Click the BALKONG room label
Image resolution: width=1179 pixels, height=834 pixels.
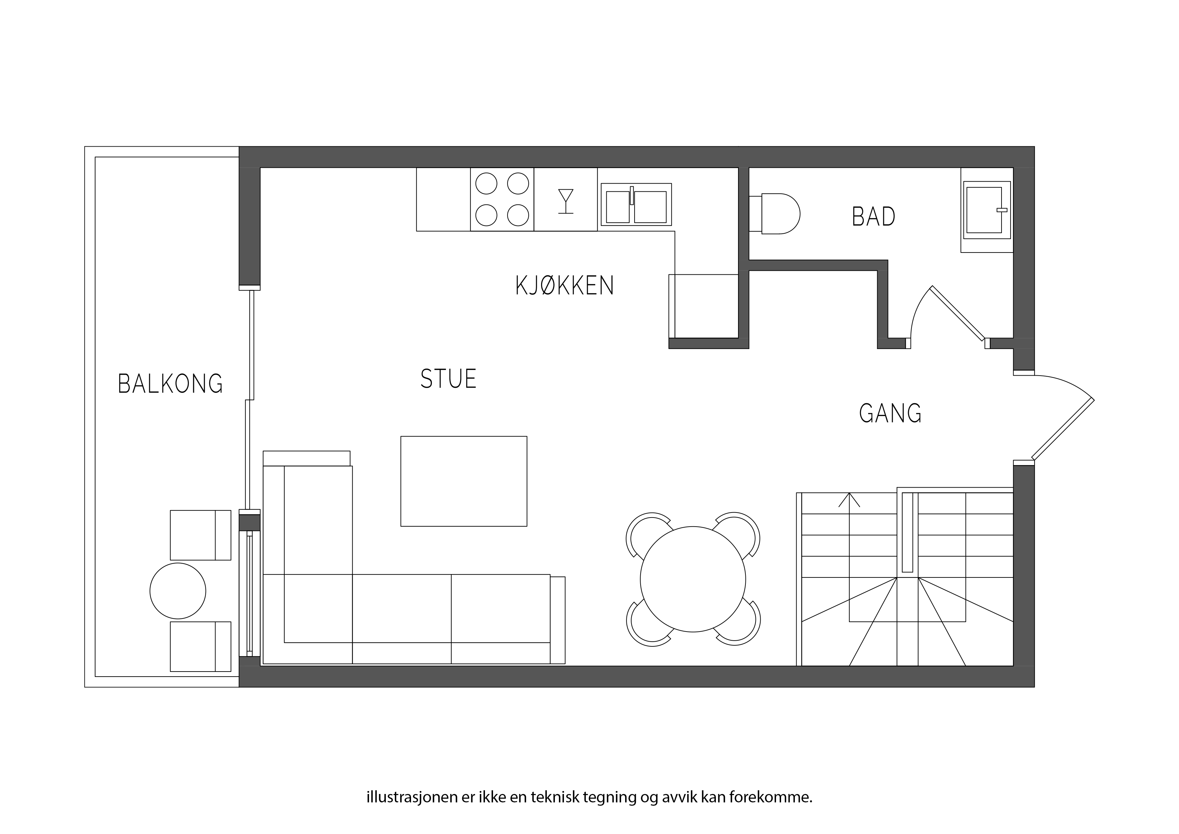(x=170, y=384)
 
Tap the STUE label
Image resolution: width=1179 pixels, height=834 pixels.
(x=448, y=379)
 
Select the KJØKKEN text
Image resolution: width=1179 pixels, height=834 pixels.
(x=565, y=286)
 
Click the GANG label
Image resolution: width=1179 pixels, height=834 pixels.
(x=890, y=413)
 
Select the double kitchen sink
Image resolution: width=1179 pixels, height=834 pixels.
(x=636, y=204)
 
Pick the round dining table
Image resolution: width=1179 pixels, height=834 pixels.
(x=693, y=579)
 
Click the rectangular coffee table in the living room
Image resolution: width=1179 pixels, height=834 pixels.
(x=464, y=481)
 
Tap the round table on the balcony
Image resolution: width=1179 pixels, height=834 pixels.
(x=178, y=591)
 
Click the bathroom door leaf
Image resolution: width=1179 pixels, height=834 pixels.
(x=958, y=313)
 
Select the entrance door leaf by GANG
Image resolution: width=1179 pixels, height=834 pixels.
(x=1062, y=429)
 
